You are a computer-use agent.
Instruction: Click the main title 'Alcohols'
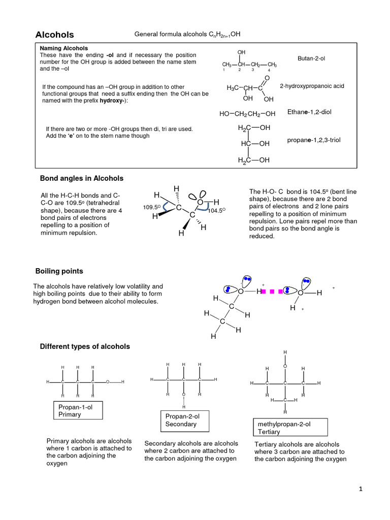[x=54, y=35]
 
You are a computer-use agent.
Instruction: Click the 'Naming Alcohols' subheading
[x=61, y=48]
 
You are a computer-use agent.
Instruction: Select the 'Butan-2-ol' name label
[x=311, y=59]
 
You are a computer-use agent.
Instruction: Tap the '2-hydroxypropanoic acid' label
[x=312, y=86]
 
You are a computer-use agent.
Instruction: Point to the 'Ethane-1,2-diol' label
[x=309, y=112]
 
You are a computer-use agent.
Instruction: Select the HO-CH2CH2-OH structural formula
[x=247, y=114]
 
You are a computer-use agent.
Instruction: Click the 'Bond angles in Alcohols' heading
[x=81, y=178]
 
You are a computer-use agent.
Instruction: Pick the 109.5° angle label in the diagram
[x=151, y=207]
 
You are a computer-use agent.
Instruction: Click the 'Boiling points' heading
[x=59, y=271]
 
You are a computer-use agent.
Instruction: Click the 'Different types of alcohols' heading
[x=85, y=346]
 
